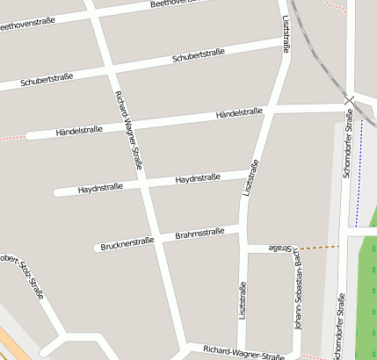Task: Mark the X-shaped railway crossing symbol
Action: [x=349, y=101]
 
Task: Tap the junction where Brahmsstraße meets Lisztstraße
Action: [x=243, y=230]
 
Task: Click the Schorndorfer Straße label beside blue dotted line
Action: [x=348, y=144]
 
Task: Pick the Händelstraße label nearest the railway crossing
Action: [x=239, y=113]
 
